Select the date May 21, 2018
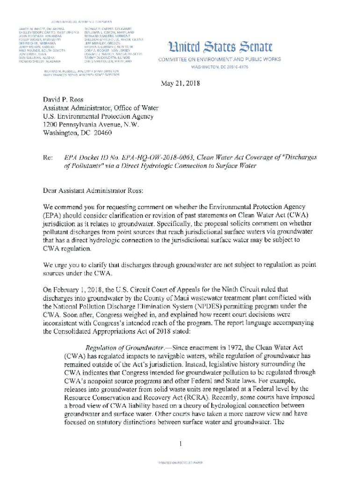pos(180,85)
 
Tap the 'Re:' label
pos(48,159)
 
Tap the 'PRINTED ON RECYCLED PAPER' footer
pos(180,463)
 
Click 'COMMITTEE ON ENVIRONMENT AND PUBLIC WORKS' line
pos(220,59)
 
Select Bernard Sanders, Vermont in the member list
pos(103,36)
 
